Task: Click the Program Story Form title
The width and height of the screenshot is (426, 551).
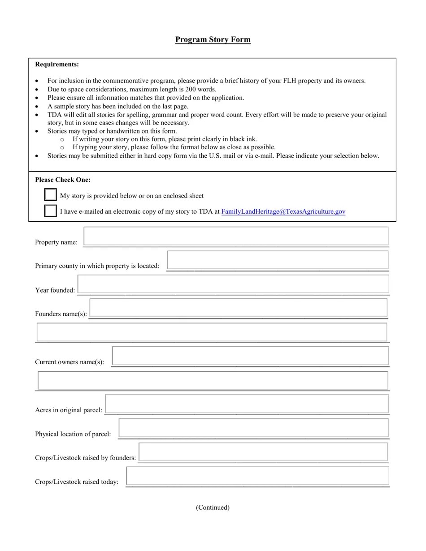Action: [x=213, y=39]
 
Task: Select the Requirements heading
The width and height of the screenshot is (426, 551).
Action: [x=57, y=65]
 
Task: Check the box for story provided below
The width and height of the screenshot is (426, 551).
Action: [x=51, y=195]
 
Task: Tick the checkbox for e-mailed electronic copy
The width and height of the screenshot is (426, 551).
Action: [x=51, y=211]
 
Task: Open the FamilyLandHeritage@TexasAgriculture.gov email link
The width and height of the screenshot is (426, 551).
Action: [x=283, y=211]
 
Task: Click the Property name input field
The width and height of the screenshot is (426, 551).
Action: [x=236, y=236]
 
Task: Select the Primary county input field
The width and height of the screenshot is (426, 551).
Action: [x=278, y=260]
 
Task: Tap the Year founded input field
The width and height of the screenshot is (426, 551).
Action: [x=233, y=284]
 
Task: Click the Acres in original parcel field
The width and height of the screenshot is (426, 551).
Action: [x=247, y=404]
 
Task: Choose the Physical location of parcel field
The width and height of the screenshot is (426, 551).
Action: [x=253, y=428]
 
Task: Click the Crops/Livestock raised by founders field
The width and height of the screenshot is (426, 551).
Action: [x=263, y=452]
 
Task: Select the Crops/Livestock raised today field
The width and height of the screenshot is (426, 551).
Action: [x=257, y=476]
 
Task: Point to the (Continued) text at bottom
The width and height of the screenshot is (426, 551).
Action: [x=213, y=508]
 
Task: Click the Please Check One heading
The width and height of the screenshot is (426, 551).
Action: [x=63, y=180]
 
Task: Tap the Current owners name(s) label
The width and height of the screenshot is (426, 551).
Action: [x=70, y=362]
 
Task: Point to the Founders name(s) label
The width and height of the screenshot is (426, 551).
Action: [x=61, y=314]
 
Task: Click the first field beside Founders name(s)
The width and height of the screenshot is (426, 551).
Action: [x=238, y=308]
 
